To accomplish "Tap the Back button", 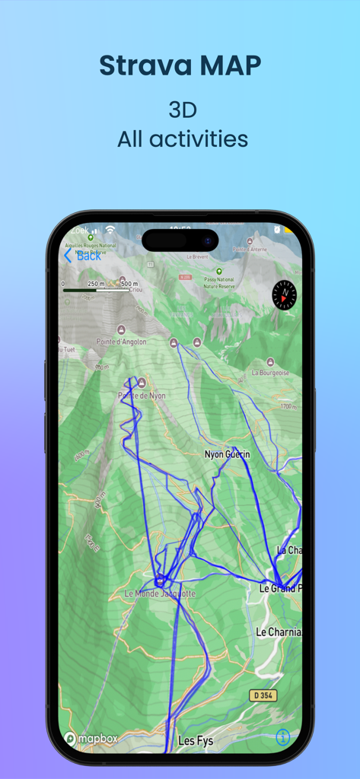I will pyautogui.click(x=82, y=256).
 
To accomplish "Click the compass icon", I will pyautogui.click(x=284, y=294).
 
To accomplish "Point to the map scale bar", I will pyautogui.click(x=96, y=290).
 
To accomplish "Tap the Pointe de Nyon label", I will pyautogui.click(x=141, y=396).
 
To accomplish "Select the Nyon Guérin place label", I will pyautogui.click(x=227, y=454).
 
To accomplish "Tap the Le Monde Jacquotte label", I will pyautogui.click(x=160, y=593).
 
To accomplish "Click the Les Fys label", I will pyautogui.click(x=195, y=739).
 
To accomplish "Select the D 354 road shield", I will pyautogui.click(x=263, y=695).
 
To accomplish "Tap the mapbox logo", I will pyautogui.click(x=91, y=738).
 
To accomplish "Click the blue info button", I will pyautogui.click(x=282, y=737).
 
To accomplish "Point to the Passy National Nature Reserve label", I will pyautogui.click(x=219, y=283).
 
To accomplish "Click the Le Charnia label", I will pyautogui.click(x=279, y=631).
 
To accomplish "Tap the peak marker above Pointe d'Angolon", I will pyautogui.click(x=120, y=329).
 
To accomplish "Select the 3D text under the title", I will pyautogui.click(x=183, y=110).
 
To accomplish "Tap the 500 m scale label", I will pyautogui.click(x=129, y=284).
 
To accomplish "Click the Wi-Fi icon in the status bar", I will pyautogui.click(x=110, y=230).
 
